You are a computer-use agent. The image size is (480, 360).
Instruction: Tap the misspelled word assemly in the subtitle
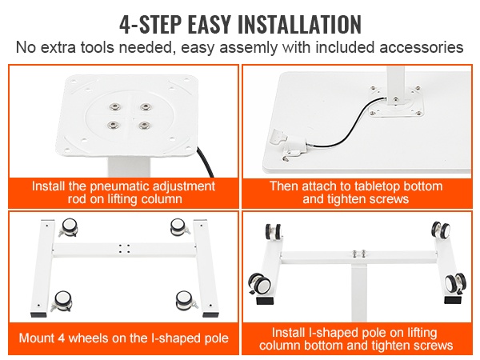[x=248, y=48]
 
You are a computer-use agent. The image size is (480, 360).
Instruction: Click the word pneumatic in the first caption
[x=119, y=186]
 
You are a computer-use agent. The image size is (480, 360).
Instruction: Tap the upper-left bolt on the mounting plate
[x=114, y=107]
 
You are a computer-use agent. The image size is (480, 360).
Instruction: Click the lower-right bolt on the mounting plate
[x=143, y=126]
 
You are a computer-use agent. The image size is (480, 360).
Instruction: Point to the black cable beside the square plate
[x=205, y=162]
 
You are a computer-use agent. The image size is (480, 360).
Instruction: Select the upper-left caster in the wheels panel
[x=69, y=227]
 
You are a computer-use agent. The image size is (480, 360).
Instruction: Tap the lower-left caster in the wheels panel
[x=62, y=301]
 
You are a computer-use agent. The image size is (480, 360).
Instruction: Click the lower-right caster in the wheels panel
[x=186, y=300]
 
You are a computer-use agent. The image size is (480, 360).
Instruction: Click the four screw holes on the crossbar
[x=124, y=248]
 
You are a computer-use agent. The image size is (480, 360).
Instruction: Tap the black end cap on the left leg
[x=40, y=314]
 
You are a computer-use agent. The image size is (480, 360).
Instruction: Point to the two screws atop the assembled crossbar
[x=358, y=254]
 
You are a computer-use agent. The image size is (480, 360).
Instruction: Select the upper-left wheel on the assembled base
[x=274, y=232]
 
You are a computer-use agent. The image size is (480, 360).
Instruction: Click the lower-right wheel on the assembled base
[x=455, y=283]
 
